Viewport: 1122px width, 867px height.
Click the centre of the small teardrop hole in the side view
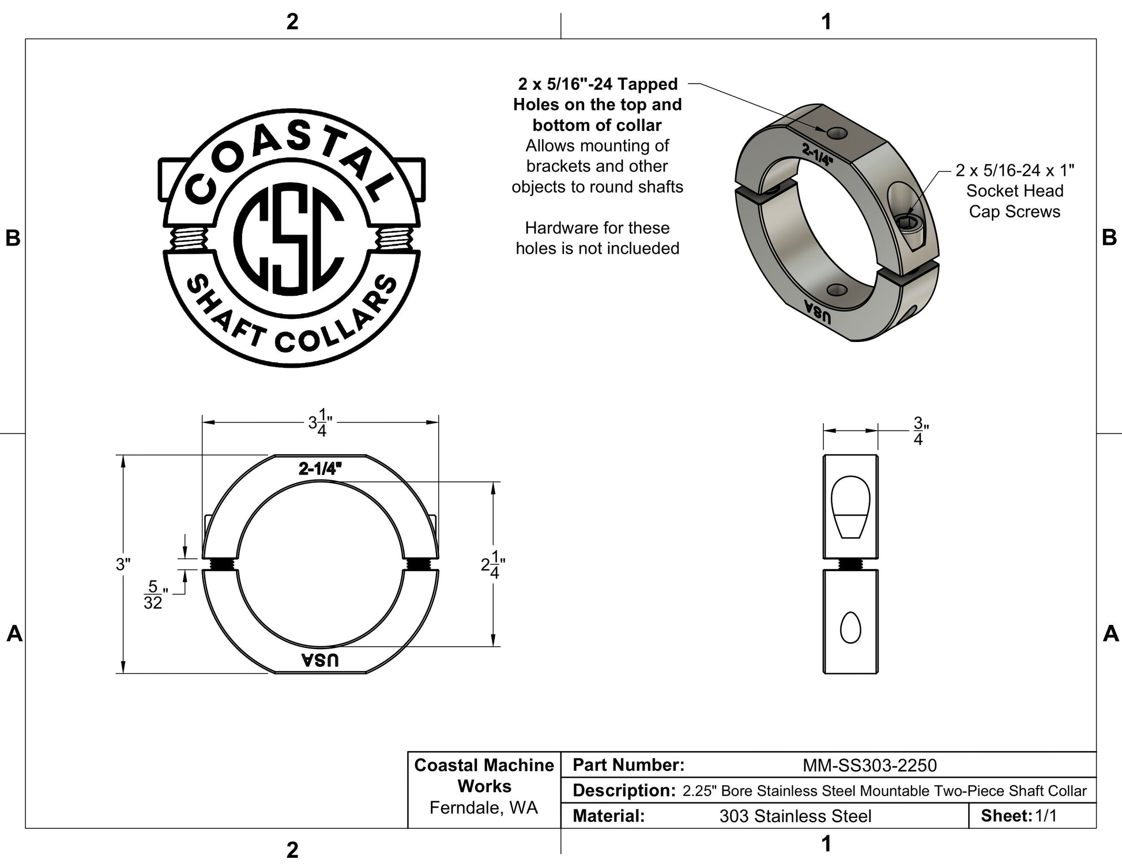point(850,627)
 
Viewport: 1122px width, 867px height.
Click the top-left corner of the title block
point(408,752)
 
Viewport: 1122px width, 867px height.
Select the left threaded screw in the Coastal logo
point(188,238)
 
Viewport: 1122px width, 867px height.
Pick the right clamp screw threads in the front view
point(419,564)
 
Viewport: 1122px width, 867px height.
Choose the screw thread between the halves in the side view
point(850,564)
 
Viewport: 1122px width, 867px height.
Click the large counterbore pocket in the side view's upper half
point(850,507)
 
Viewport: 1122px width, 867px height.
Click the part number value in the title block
point(869,765)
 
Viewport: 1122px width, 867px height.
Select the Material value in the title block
point(795,816)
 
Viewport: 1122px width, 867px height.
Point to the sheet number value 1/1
point(1046,816)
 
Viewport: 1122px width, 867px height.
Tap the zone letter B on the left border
point(13,238)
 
